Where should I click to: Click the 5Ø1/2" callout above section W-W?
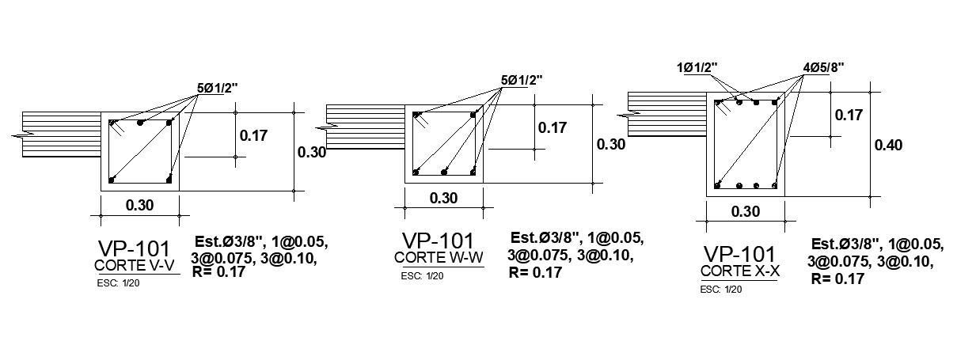click(x=522, y=80)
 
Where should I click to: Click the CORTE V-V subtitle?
click(x=133, y=265)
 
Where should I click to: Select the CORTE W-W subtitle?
click(x=438, y=257)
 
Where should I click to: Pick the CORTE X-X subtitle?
click(x=740, y=271)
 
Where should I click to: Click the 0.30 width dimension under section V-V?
click(x=140, y=206)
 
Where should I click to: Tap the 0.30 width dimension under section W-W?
click(x=443, y=199)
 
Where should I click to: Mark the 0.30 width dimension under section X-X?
click(x=746, y=211)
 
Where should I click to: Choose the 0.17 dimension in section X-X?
click(x=849, y=116)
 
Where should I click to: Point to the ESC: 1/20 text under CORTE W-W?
click(x=422, y=276)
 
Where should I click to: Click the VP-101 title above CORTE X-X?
click(x=740, y=254)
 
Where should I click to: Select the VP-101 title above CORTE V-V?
click(x=134, y=248)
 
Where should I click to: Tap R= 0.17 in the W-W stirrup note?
click(x=535, y=272)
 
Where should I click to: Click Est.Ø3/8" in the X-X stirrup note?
click(x=846, y=244)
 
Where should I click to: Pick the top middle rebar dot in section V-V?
click(x=140, y=123)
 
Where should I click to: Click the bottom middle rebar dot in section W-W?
click(x=444, y=172)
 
